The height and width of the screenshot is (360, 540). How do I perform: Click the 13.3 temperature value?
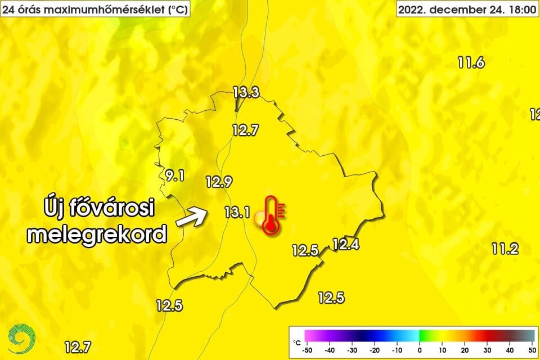click(x=246, y=93)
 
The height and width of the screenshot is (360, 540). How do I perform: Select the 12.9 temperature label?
click(x=219, y=182)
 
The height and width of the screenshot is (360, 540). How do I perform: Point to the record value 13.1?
click(x=237, y=212)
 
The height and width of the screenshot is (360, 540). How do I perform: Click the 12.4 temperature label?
click(x=345, y=244)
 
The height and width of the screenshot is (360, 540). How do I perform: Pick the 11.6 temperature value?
click(x=471, y=63)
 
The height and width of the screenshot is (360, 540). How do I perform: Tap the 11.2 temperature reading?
click(x=505, y=248)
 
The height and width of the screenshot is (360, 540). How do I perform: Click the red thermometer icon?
click(x=272, y=215)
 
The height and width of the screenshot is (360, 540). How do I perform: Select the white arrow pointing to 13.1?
click(x=191, y=217)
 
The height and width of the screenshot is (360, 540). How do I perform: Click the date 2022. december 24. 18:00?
click(x=463, y=10)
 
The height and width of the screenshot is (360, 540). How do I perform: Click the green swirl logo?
click(x=22, y=338)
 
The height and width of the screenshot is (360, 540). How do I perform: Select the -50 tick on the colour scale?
click(x=307, y=350)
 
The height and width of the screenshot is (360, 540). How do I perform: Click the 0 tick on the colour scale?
click(x=420, y=350)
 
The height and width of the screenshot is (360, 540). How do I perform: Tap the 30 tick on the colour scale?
click(x=487, y=350)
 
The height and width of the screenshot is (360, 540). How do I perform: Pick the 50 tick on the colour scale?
click(x=532, y=350)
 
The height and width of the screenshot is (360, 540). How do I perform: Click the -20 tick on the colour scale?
click(x=375, y=350)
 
